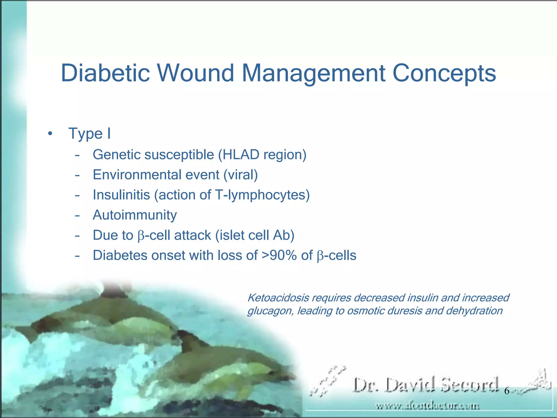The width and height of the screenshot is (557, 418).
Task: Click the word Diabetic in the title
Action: [105, 73]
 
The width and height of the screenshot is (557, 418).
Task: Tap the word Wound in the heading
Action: [195, 73]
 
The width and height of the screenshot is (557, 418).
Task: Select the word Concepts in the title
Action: [444, 73]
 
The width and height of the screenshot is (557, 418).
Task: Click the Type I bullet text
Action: [89, 134]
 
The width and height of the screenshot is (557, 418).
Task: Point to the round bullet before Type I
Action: [49, 134]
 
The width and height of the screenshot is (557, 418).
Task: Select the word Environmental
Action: [156, 175]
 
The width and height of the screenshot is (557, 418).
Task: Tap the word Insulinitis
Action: [121, 195]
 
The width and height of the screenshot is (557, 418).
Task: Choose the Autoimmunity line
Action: [135, 215]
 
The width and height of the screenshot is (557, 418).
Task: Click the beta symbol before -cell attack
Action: [141, 236]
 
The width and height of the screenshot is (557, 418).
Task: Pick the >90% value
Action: [279, 255]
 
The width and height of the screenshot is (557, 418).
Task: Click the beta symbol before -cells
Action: [320, 256]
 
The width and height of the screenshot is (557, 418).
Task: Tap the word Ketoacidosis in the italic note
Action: [278, 298]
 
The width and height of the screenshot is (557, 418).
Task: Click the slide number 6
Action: [506, 391]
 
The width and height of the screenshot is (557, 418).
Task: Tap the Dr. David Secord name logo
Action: [426, 385]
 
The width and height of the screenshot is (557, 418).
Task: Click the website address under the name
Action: [428, 406]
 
